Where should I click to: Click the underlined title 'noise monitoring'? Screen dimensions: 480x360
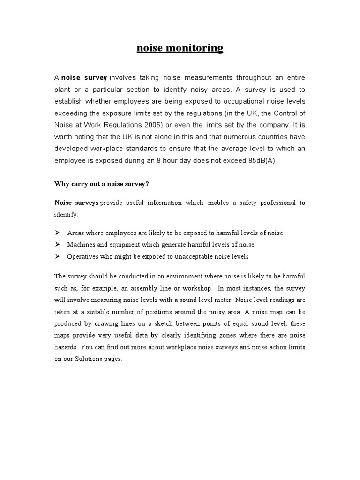pyautogui.click(x=180, y=48)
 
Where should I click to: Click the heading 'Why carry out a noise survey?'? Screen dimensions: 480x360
pyautogui.click(x=102, y=184)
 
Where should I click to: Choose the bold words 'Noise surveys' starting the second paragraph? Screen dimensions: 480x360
pyautogui.click(x=76, y=203)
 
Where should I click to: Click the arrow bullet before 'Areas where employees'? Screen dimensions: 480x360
pyautogui.click(x=58, y=232)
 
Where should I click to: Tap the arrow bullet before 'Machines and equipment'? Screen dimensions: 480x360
pyautogui.click(x=58, y=245)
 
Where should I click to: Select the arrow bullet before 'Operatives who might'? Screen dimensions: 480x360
pyautogui.click(x=58, y=257)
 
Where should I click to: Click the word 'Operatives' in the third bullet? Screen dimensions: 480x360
pyautogui.click(x=82, y=257)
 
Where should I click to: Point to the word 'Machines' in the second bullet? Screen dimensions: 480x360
pyautogui.click(x=80, y=245)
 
